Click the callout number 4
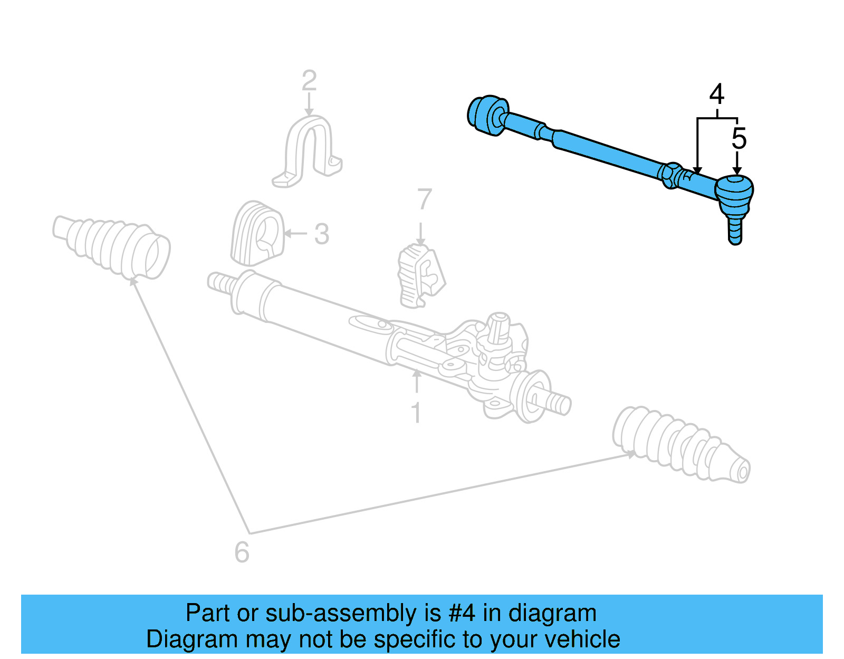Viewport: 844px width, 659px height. pos(716,95)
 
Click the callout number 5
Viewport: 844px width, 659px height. pos(738,139)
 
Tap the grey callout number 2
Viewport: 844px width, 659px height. pos(309,81)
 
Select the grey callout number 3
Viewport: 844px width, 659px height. pos(322,234)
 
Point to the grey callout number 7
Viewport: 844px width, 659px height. pos(424,200)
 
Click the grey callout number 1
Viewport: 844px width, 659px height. pos(416,413)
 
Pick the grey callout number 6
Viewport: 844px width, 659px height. pos(242,552)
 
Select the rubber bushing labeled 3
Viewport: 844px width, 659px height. pos(257,233)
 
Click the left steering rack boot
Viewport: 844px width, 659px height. pos(112,246)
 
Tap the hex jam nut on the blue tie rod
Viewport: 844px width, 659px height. pos(669,175)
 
